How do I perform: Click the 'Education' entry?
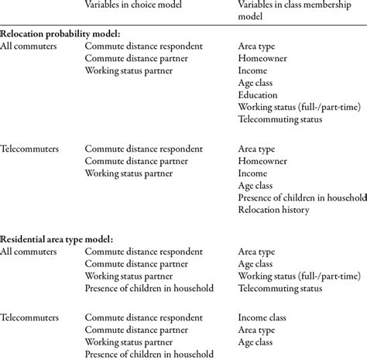(x=261, y=95)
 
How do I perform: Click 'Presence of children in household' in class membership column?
(x=301, y=197)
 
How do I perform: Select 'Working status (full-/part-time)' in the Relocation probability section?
(x=298, y=108)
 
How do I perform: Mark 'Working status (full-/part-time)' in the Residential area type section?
(x=298, y=276)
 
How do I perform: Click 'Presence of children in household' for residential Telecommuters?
(x=150, y=355)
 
